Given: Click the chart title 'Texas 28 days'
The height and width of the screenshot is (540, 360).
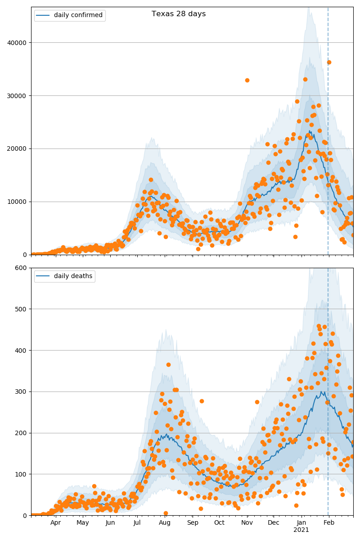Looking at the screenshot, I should pyautogui.click(x=179, y=14).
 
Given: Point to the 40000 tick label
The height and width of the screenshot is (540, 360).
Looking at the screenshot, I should pyautogui.click(x=18, y=43).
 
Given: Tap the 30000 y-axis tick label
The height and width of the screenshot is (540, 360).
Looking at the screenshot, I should pyautogui.click(x=18, y=96).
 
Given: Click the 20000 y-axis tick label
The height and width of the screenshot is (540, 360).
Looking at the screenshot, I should pyautogui.click(x=18, y=148).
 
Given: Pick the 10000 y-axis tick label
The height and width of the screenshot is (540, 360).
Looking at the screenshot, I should pyautogui.click(x=18, y=202).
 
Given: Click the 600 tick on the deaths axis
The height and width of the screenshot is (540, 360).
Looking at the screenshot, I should pyautogui.click(x=22, y=268).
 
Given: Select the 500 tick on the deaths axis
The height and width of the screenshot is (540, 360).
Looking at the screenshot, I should pyautogui.click(x=22, y=309).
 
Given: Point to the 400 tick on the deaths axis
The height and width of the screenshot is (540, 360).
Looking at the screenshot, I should pyautogui.click(x=22, y=351).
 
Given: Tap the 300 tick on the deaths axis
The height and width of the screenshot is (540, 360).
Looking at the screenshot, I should pyautogui.click(x=22, y=391).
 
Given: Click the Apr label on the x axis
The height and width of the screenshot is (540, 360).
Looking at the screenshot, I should pyautogui.click(x=56, y=522).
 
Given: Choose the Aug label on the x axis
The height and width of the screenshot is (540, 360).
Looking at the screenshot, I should pyautogui.click(x=165, y=522).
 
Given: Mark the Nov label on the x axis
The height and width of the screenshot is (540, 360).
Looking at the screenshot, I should pyautogui.click(x=247, y=522).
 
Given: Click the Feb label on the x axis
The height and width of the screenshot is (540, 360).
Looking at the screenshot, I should pyautogui.click(x=329, y=522).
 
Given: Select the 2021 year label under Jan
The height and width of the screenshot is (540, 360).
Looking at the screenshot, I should pyautogui.click(x=301, y=530).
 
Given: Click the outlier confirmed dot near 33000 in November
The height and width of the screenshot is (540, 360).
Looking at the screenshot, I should pyautogui.click(x=247, y=80).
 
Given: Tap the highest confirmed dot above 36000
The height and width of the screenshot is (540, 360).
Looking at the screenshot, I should pyautogui.click(x=329, y=62).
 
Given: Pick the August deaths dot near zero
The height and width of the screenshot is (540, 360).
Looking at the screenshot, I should pyautogui.click(x=166, y=513).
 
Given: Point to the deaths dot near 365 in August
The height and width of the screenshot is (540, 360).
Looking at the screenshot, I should pyautogui.click(x=168, y=364).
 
